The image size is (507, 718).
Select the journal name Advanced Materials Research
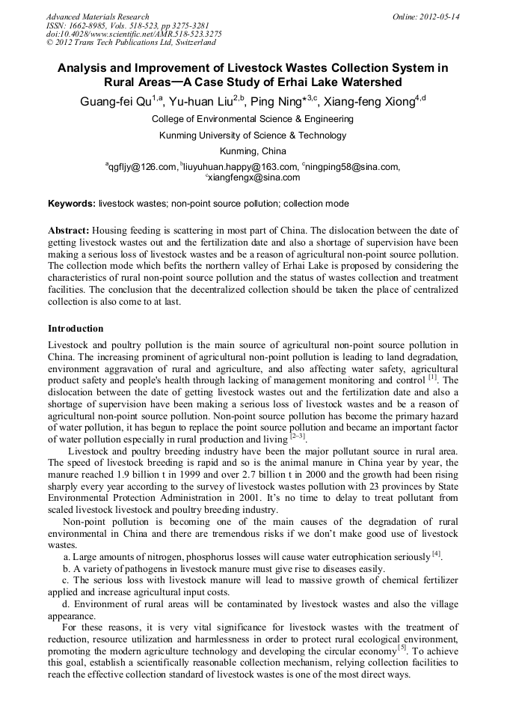tap(97, 16)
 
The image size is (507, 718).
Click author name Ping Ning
tap(279, 102)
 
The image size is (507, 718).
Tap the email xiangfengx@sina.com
tap(254, 177)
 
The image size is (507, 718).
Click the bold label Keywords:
tap(72, 203)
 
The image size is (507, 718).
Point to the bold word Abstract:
tap(69, 231)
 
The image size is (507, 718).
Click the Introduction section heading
tap(76, 329)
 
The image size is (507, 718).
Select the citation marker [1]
tap(432, 377)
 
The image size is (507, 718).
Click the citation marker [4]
tap(437, 553)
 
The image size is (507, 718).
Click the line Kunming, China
tap(253, 150)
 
